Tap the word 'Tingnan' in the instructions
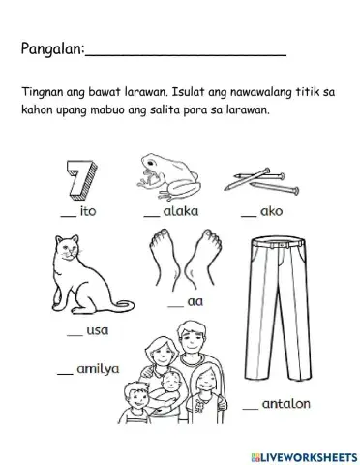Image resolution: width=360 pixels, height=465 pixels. pyautogui.click(x=40, y=92)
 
